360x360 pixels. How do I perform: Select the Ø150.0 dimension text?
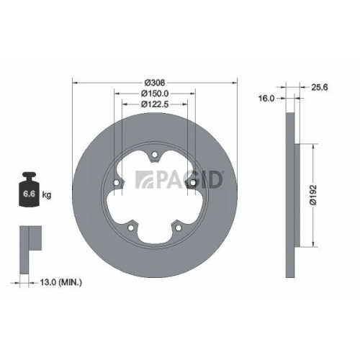[x=155, y=94]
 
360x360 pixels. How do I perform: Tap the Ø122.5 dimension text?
[x=155, y=104]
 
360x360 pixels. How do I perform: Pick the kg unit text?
[x=46, y=195]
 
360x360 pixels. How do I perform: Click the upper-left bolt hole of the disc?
[x=119, y=183]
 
